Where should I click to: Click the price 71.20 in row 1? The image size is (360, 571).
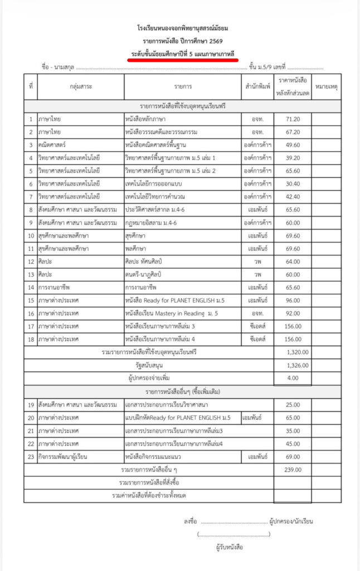point(293,119)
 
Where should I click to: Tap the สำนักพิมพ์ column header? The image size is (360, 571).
point(257,86)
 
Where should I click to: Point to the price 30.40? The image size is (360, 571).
point(293,183)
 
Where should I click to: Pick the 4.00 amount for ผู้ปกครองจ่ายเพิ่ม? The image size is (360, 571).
point(293,378)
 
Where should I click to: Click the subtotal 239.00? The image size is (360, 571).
point(293,470)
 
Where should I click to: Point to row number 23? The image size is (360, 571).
point(31,457)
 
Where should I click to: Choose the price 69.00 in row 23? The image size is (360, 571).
point(293,457)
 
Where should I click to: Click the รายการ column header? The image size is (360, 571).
point(183,86)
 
